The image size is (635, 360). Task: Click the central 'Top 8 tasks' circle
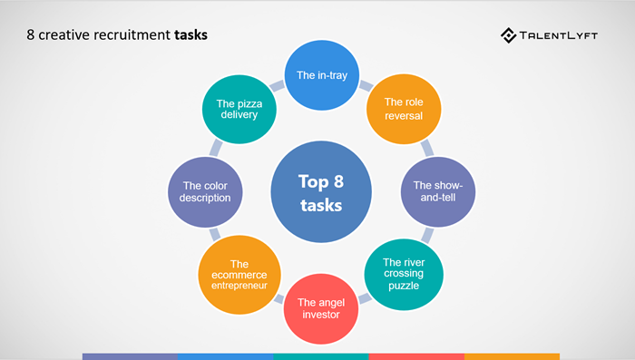[321, 192]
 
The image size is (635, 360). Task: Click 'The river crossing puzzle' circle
[404, 275]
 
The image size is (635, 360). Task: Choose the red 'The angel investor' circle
[321, 308]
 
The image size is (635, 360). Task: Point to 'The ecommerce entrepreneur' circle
[239, 275]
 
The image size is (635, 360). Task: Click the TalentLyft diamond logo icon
[508, 35]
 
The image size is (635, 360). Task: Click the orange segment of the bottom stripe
[512, 356]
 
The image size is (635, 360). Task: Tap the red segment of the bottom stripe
[416, 356]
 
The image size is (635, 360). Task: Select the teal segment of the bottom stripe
[321, 356]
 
